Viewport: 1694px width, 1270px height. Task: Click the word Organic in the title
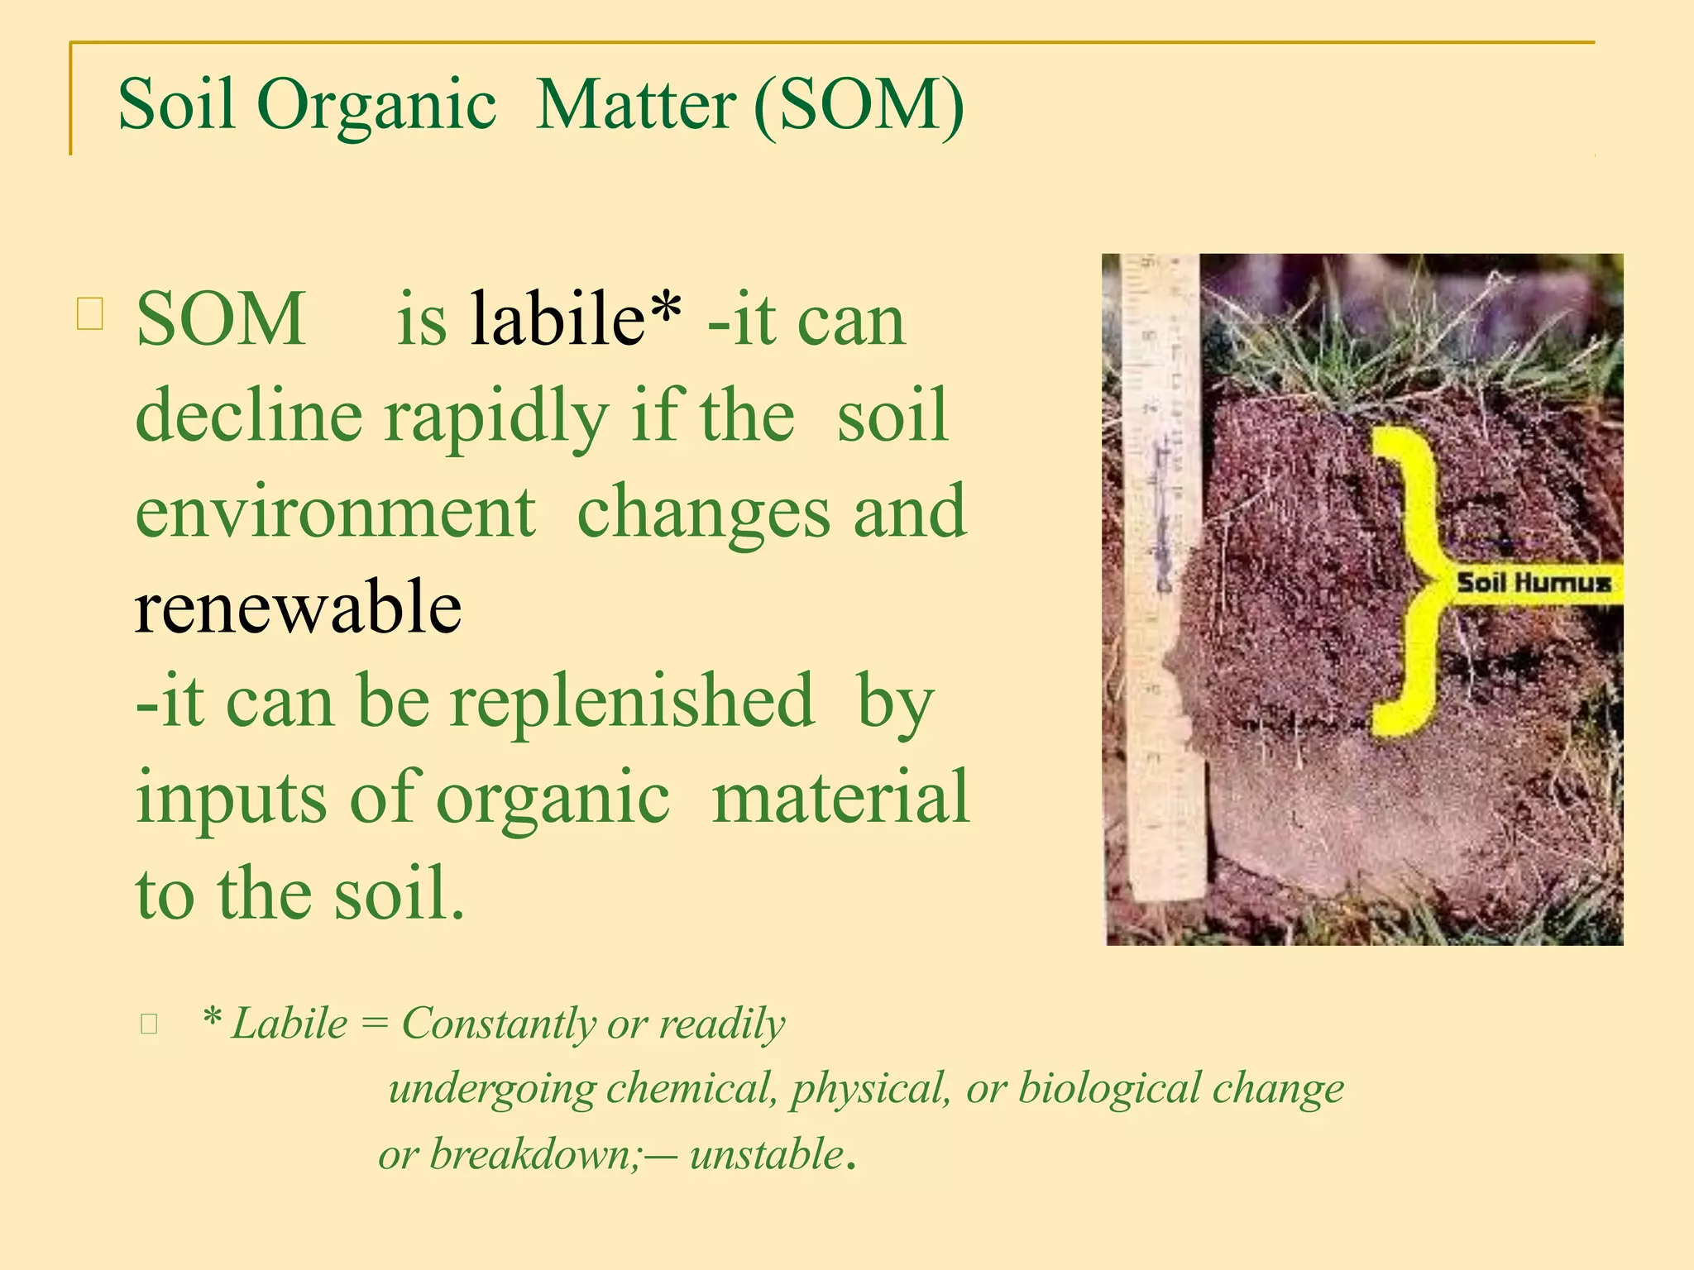[x=377, y=106]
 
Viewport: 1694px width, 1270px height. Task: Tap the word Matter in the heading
[x=635, y=106]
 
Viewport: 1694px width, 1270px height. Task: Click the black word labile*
[x=576, y=319]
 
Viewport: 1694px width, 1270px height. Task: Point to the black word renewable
[x=298, y=608]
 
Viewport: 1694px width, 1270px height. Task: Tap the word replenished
[x=632, y=702]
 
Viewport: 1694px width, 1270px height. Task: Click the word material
[x=840, y=796]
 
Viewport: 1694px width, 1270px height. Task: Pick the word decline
[x=248, y=415]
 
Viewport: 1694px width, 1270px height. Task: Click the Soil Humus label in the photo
[x=1534, y=583]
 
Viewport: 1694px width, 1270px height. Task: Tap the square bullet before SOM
[x=90, y=314]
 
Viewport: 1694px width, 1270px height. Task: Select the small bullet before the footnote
[x=149, y=1024]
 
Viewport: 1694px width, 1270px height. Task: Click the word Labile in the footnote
[x=290, y=1024]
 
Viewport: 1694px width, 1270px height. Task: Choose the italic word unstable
[x=766, y=1154]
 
